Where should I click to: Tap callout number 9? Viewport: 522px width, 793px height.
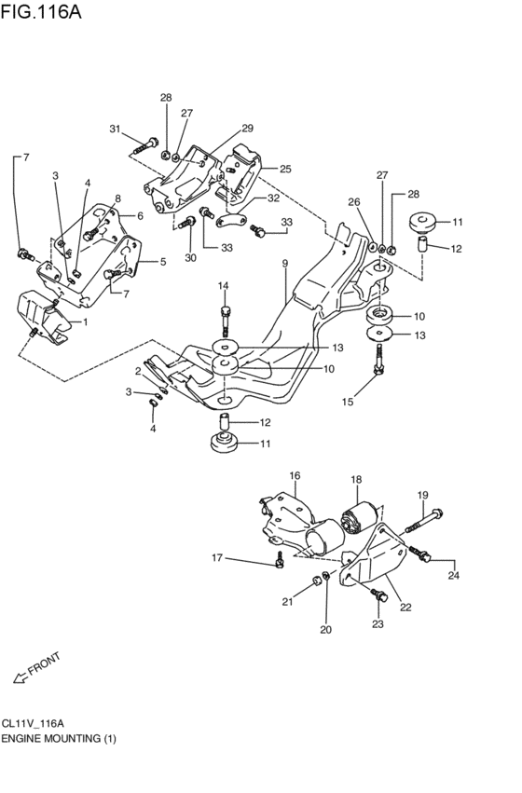285,264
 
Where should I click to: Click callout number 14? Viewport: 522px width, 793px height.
224,285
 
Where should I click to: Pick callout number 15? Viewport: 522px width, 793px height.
347,403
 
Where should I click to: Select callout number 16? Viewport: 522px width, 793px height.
295,476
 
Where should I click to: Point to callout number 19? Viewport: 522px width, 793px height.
422,495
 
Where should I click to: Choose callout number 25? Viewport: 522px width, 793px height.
285,169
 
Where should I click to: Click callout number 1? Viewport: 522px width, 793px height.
85,321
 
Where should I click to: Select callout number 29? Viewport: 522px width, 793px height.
248,128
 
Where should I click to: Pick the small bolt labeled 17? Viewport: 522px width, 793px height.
279,563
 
